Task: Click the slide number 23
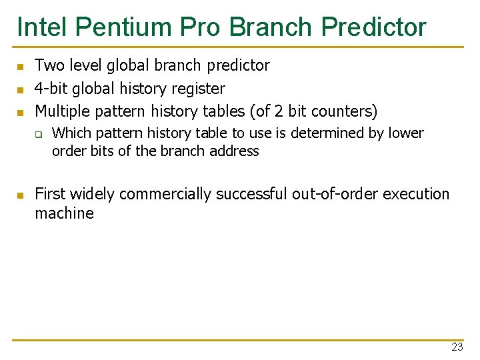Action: pyautogui.click(x=457, y=347)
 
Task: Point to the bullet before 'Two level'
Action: pyautogui.click(x=21, y=67)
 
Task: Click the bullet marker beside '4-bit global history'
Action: pyautogui.click(x=21, y=89)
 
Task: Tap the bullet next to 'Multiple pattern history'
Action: pyautogui.click(x=21, y=112)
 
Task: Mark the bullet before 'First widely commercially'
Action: pyautogui.click(x=21, y=195)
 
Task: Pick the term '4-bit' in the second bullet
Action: pyautogui.click(x=51, y=88)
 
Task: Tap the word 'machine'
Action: pyautogui.click(x=64, y=213)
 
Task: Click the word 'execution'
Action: pyautogui.click(x=415, y=194)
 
